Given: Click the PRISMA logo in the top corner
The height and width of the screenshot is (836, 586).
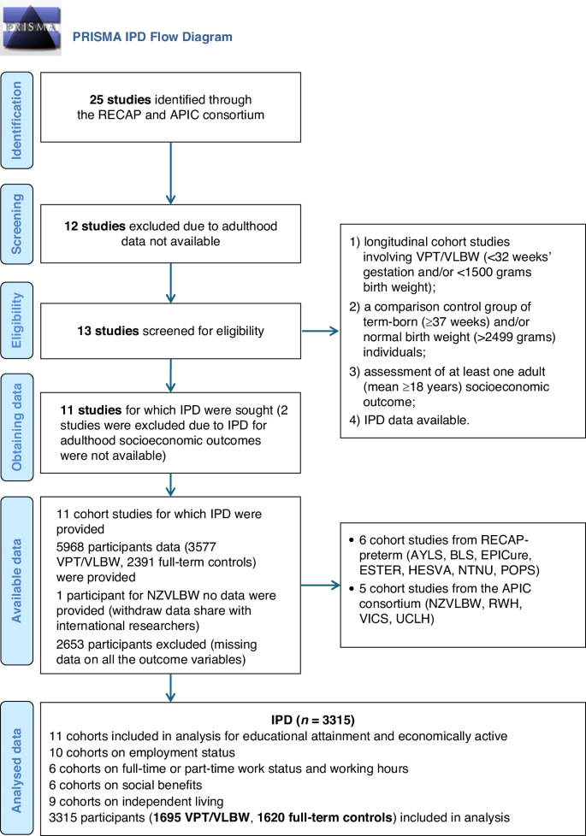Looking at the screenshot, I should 32,29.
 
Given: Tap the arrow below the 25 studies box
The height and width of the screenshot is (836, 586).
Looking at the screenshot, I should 171,172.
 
